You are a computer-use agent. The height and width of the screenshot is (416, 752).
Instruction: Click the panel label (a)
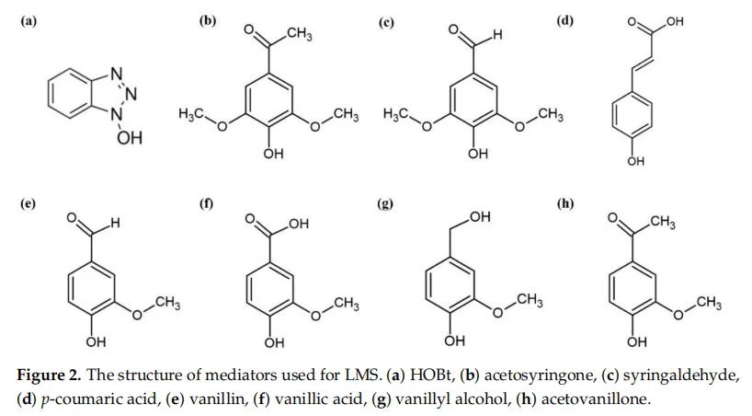28,20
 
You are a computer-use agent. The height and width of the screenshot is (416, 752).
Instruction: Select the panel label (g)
385,203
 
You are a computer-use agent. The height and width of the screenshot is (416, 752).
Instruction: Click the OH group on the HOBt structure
130,138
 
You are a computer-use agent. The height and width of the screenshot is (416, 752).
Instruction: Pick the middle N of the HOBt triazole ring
131,94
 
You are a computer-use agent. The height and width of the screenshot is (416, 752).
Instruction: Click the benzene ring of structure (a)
71,93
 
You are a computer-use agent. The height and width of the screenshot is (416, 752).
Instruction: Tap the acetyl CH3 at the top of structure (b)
300,34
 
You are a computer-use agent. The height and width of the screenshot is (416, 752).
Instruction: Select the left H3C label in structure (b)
191,114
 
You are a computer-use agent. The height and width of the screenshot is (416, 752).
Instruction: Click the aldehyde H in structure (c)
498,35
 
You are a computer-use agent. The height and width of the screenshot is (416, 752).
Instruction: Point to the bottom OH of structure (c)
478,153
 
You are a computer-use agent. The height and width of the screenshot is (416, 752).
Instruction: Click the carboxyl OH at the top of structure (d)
674,21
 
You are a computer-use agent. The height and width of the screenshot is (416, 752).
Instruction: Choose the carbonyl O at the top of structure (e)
72,218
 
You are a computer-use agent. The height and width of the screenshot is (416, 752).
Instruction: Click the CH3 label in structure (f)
347,304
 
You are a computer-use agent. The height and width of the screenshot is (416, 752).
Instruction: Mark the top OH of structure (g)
480,217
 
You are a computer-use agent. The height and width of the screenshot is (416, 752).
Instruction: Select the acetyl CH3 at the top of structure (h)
663,222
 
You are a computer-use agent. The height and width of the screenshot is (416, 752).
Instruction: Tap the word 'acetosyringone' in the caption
540,376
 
